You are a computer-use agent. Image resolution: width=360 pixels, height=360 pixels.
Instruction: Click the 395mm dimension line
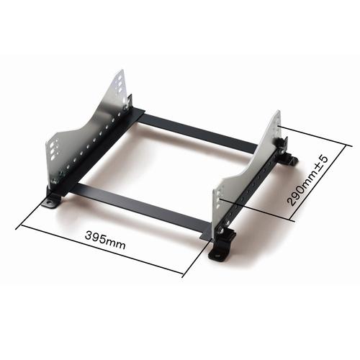(x=101, y=249)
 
